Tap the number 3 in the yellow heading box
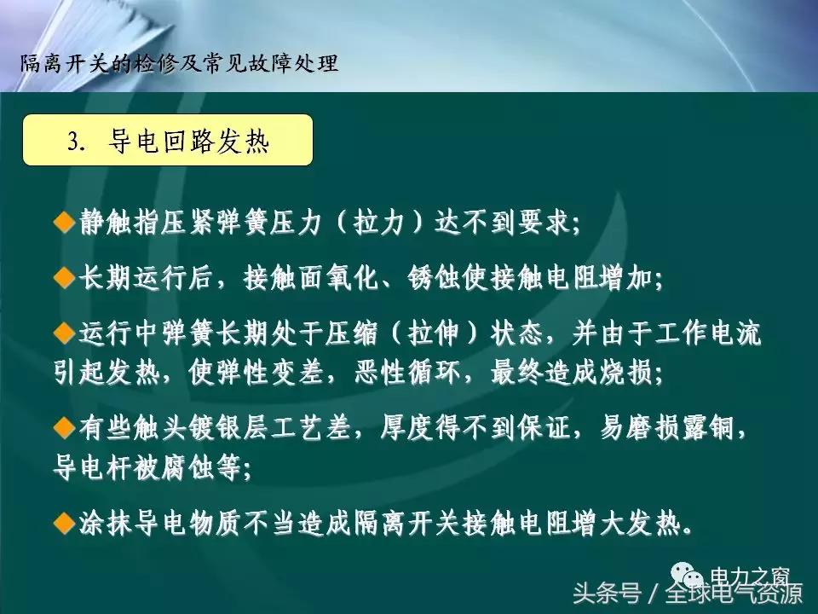[x=74, y=142]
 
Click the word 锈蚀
[x=461, y=279]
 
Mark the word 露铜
[x=718, y=428]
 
